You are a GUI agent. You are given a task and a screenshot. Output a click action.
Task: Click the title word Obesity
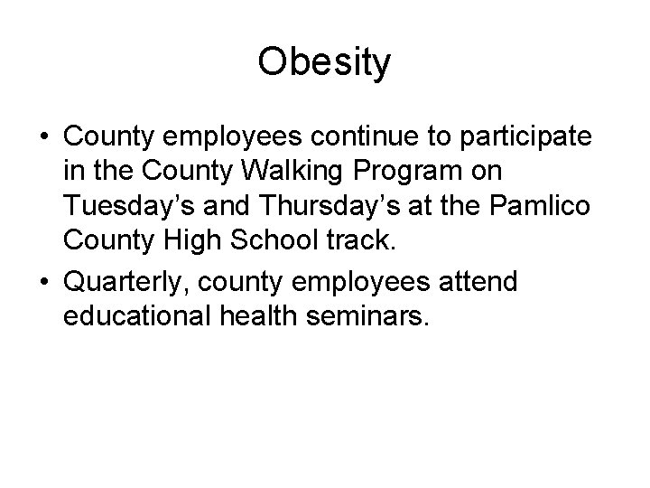pos(324,62)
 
